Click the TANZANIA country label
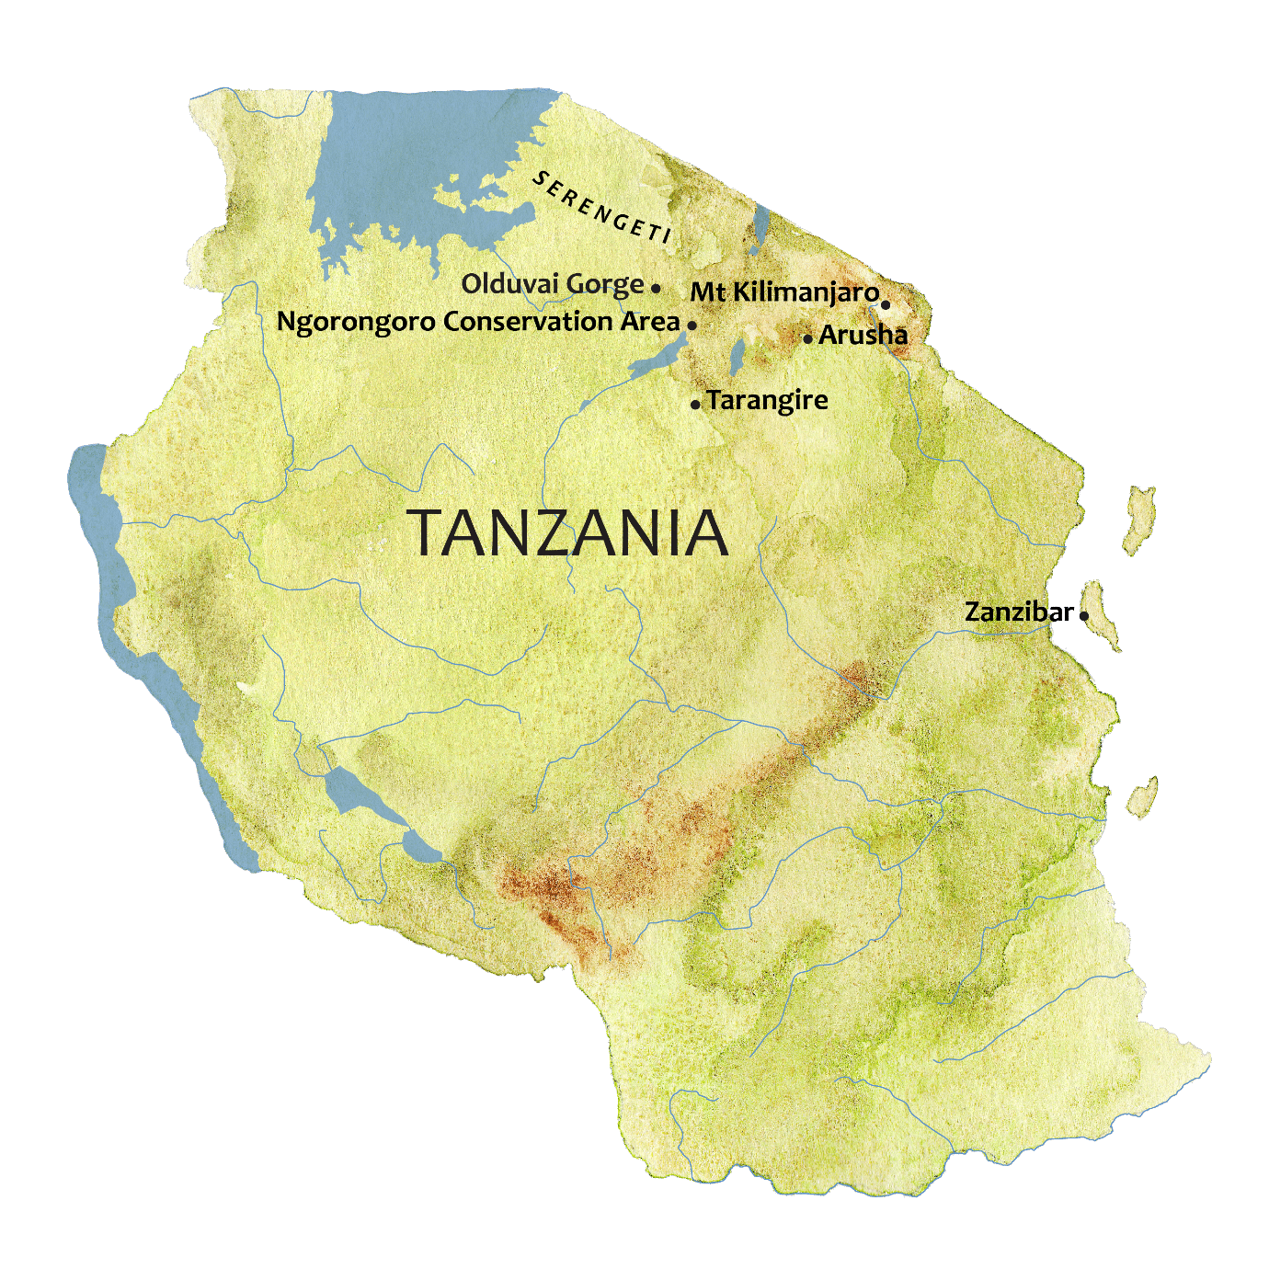pos(568,533)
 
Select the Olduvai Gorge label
pos(552,284)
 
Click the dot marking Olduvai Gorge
pos(656,288)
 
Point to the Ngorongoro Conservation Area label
pos(477,322)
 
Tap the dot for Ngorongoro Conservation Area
pos(692,325)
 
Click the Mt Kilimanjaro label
pos(783,292)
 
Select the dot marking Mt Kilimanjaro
pos(886,304)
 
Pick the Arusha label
pos(863,335)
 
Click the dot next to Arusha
pos(807,338)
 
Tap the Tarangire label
pos(767,400)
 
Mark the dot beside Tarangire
pos(695,405)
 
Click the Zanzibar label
pos(1018,612)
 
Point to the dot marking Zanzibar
pos(1084,615)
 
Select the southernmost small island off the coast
pos(1143,796)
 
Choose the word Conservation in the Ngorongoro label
pos(527,322)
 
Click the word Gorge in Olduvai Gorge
pos(604,284)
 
